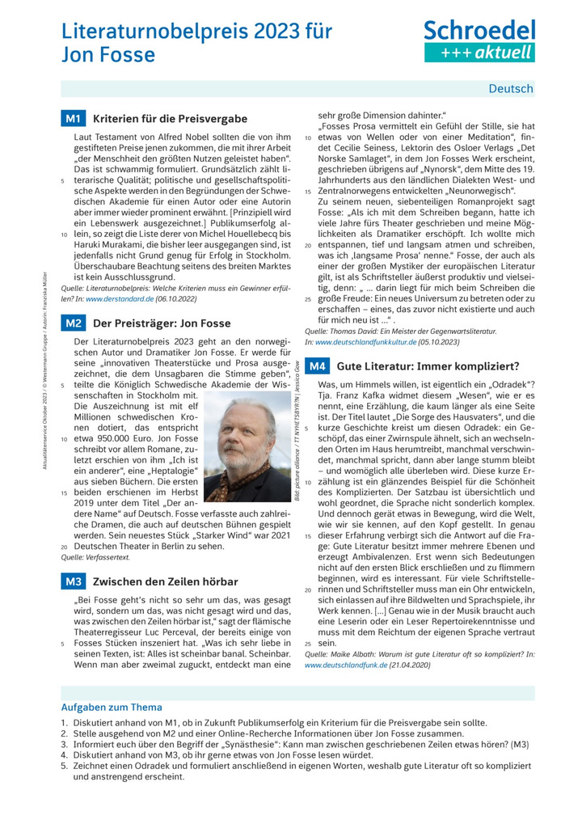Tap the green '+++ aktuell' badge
point(479,53)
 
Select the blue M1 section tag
point(73,119)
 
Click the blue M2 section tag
point(73,323)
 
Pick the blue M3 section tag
point(73,581)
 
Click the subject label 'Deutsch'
point(511,89)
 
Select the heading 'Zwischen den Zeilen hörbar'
point(166,581)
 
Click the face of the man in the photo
point(243,433)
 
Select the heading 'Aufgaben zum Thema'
point(112,707)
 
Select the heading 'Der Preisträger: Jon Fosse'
point(162,323)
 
